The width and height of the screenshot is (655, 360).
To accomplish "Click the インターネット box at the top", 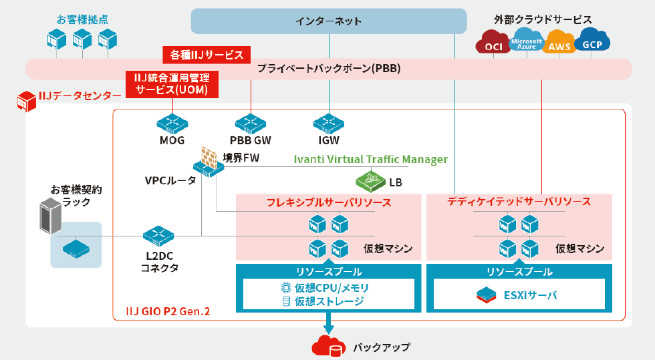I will [x=329, y=21].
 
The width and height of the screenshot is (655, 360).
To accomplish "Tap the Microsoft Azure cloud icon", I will [x=525, y=43].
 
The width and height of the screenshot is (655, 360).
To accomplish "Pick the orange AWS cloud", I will [x=559, y=44].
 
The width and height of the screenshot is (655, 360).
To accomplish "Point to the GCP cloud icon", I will [x=592, y=42].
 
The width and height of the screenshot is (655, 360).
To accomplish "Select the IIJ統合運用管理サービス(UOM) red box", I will [x=172, y=83].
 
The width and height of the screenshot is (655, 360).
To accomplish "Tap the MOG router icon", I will [x=172, y=123].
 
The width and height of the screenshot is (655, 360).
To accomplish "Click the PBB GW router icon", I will [x=251, y=123].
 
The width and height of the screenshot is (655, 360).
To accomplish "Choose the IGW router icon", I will [x=328, y=123].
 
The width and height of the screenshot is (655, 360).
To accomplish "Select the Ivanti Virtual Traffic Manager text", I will [x=371, y=160].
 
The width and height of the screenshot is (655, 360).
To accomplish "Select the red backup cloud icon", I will [x=327, y=347].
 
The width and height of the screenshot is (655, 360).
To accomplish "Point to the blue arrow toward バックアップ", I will [x=328, y=325].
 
